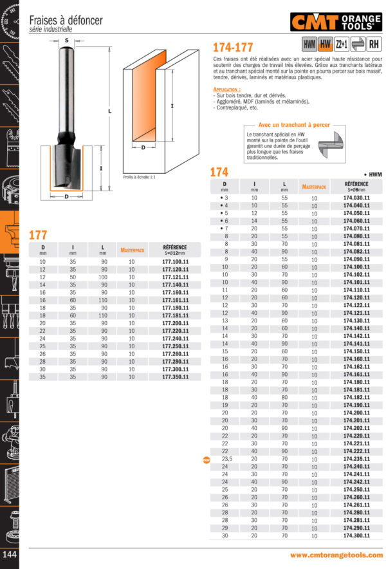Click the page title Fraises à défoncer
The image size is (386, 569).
pos(66,21)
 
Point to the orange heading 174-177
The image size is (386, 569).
pos(233,48)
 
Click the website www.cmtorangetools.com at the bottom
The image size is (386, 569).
pos(336,555)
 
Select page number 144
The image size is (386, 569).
pos(10,555)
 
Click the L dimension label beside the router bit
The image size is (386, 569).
pos(109,111)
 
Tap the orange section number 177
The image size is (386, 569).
pos(38,235)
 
